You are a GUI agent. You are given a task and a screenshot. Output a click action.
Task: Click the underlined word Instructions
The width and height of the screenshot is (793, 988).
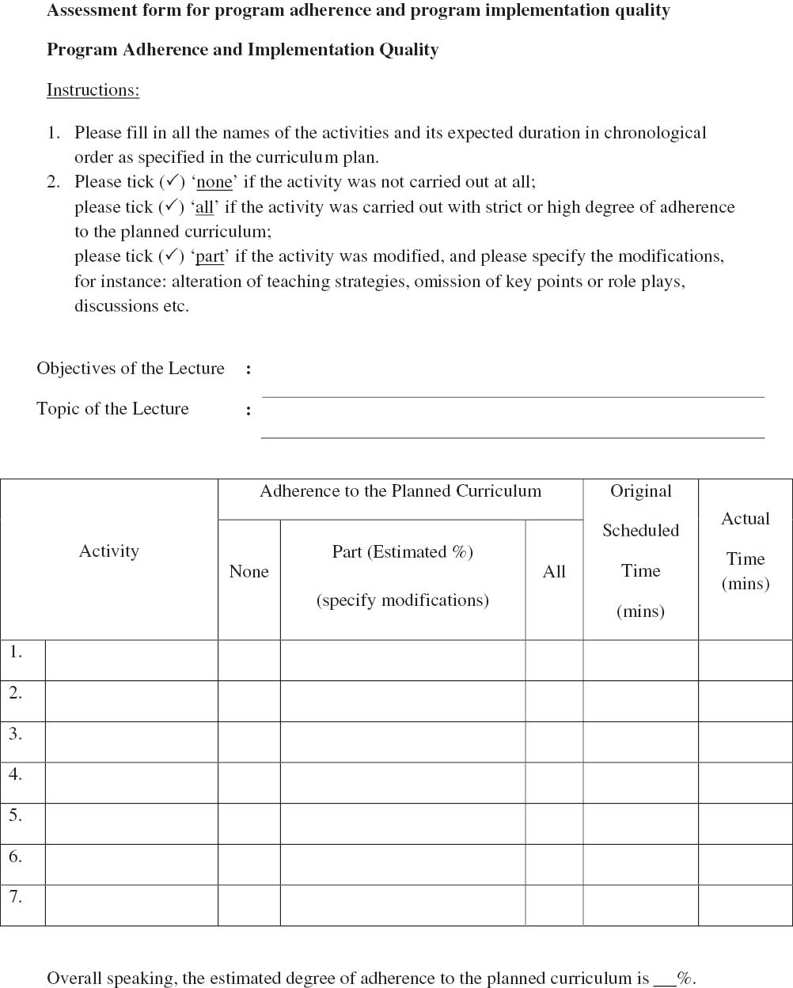click(x=93, y=90)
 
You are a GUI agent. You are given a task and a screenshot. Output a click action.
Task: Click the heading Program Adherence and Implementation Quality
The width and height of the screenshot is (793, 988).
click(x=242, y=50)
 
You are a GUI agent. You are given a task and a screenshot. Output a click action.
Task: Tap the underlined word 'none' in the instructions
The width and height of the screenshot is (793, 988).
click(x=214, y=182)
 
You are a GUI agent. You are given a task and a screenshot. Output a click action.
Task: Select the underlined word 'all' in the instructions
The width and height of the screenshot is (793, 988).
click(x=204, y=207)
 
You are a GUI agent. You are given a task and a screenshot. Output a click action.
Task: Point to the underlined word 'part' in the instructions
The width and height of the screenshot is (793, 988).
click(x=210, y=256)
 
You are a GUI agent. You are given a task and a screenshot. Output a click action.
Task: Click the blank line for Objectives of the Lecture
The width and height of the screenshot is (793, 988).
click(x=513, y=389)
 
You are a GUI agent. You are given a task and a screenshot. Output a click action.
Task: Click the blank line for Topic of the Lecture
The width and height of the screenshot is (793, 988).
click(x=513, y=430)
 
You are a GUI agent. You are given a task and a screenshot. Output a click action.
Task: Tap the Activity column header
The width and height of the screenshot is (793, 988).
click(x=109, y=551)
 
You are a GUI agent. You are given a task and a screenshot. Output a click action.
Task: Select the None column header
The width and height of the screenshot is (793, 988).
click(x=249, y=572)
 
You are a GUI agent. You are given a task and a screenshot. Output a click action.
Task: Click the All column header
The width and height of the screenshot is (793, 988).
click(x=554, y=572)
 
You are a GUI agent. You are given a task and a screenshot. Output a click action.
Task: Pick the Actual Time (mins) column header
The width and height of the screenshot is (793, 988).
click(x=746, y=551)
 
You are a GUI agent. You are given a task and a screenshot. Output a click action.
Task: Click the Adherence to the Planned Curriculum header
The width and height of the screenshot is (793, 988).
click(x=400, y=491)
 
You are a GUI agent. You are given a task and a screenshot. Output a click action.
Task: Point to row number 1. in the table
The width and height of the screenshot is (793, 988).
click(x=16, y=653)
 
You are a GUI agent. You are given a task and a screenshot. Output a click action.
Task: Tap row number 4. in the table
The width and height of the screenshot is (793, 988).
click(x=16, y=774)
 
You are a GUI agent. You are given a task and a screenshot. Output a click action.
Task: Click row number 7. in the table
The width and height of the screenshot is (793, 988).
click(x=16, y=897)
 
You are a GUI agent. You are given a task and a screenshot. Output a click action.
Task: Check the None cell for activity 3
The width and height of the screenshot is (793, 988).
click(x=249, y=741)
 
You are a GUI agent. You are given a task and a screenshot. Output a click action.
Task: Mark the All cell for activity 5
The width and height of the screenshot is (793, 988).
click(x=554, y=823)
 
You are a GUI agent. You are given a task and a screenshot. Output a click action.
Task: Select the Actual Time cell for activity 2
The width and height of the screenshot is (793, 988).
click(x=746, y=701)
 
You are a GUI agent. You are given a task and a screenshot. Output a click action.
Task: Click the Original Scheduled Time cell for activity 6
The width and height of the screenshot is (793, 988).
click(x=640, y=864)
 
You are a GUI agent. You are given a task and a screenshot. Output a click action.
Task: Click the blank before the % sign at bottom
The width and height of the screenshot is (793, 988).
click(x=665, y=979)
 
